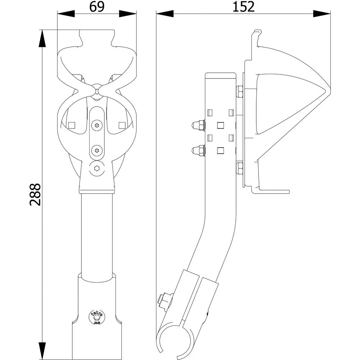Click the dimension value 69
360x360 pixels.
tap(97, 7)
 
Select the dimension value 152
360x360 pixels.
tap(243, 7)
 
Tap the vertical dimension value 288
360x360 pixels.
tap(35, 194)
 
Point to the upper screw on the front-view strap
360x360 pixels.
tap(96, 125)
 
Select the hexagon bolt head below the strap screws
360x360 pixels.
tap(96, 168)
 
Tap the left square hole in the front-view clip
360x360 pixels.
tap(72, 125)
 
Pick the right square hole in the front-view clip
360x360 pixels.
tap(122, 125)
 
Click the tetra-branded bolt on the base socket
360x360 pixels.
tap(96, 318)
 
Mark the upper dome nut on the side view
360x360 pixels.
tap(198, 125)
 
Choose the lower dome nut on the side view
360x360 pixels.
tap(198, 150)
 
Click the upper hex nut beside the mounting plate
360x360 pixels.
tap(239, 91)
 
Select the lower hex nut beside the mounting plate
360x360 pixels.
tap(239, 168)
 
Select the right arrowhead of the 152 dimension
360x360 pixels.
tap(322, 14)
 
